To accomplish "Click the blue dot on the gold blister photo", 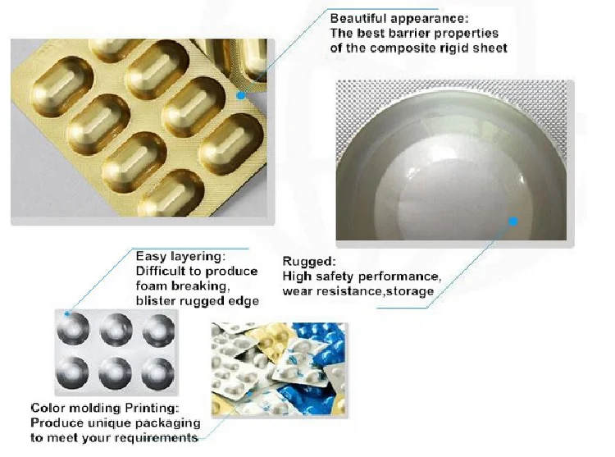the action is tap(241, 95).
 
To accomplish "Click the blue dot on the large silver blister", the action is tap(513, 222).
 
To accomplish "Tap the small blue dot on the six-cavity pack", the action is tap(67, 313).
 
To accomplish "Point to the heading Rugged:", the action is tap(309, 261).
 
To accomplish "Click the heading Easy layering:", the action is tap(181, 257).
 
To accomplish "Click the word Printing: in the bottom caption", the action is tap(152, 408).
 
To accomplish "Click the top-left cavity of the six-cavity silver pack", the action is tap(73, 329).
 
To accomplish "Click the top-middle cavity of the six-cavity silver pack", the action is tap(116, 329).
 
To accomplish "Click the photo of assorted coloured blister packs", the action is tap(280, 369).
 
